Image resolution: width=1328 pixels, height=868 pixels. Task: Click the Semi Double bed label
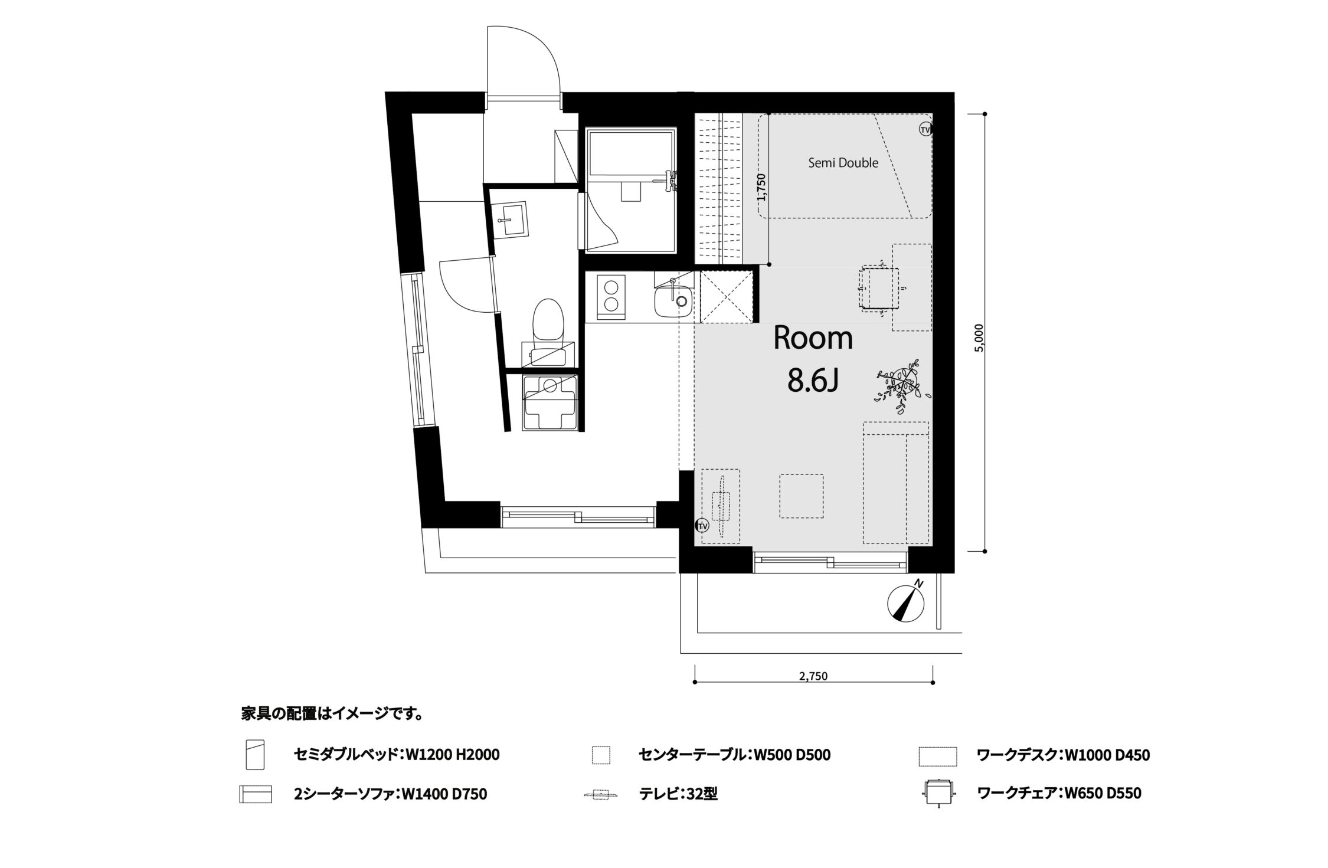click(x=843, y=163)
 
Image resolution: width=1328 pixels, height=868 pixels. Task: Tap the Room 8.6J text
click(x=813, y=359)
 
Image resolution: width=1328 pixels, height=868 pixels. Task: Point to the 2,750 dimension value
click(x=813, y=676)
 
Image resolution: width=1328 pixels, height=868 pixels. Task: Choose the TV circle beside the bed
click(x=925, y=129)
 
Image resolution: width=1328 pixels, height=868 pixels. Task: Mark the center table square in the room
click(x=801, y=496)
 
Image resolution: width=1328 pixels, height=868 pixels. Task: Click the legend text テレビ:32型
click(x=678, y=794)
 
